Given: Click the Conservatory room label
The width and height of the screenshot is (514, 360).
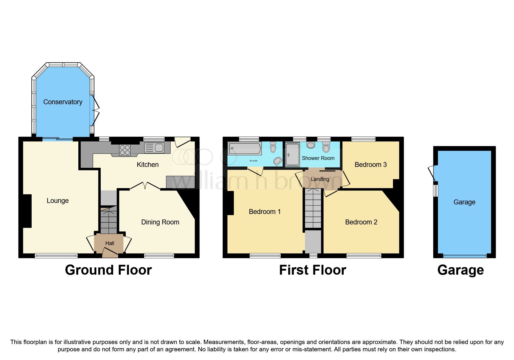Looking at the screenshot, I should [63, 102].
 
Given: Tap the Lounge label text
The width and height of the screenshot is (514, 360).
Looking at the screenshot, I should [57, 201].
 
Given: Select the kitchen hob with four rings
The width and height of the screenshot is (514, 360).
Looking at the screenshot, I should [125, 150].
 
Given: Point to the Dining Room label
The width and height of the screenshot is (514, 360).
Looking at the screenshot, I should [160, 222].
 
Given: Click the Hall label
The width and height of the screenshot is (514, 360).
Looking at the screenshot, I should [110, 243].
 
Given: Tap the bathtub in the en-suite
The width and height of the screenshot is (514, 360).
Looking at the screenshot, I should [244, 148].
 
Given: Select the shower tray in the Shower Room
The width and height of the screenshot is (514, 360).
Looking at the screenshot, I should [292, 155].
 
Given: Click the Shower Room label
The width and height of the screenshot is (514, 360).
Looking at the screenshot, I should [318, 158].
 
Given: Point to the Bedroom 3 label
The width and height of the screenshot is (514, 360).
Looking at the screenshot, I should [371, 165].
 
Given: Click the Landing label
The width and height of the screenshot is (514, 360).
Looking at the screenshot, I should [320, 179].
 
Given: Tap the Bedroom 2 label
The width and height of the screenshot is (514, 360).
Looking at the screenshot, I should [361, 222].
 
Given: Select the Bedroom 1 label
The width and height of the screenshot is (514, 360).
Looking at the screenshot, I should [265, 212].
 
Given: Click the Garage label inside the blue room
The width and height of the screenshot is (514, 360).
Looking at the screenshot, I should [464, 202].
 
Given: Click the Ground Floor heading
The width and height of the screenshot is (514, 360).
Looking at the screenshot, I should [108, 270].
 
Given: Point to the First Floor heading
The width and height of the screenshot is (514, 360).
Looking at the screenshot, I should [313, 270].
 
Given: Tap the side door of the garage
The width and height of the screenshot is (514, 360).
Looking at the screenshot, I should [432, 173].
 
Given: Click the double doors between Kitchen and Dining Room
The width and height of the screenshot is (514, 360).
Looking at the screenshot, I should [145, 186].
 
